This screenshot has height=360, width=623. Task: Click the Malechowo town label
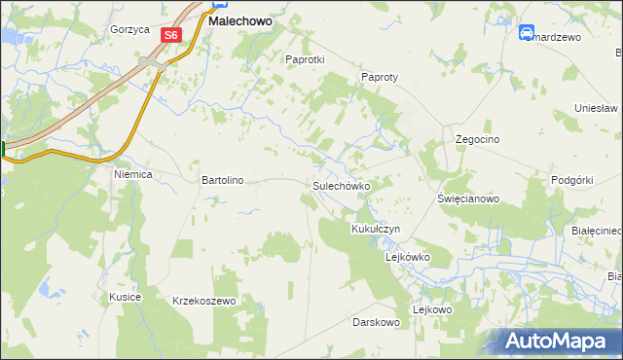click(239, 19)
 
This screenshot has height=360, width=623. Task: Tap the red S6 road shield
click(171, 35)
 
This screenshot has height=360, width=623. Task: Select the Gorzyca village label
click(129, 29)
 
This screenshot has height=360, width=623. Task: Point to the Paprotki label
click(304, 59)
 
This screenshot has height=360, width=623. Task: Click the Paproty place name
click(381, 77)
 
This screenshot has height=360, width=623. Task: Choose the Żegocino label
click(478, 140)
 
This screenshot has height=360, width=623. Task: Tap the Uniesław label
click(597, 108)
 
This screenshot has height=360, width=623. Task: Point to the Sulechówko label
click(341, 185)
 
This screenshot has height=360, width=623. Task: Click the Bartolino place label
click(222, 180)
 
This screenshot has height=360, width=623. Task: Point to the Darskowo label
click(377, 322)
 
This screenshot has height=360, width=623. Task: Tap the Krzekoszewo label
click(204, 302)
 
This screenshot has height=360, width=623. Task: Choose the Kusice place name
click(126, 297)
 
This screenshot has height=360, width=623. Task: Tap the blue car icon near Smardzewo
click(527, 32)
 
